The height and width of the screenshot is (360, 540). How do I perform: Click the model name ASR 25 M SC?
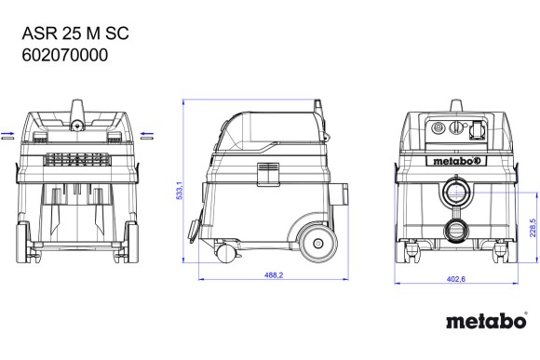click(75, 33)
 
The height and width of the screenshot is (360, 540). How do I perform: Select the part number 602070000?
click(65, 55)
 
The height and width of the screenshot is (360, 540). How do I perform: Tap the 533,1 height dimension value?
click(180, 191)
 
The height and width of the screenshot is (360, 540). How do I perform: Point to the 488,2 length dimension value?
click(274, 275)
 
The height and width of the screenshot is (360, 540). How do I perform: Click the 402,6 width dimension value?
click(456, 279)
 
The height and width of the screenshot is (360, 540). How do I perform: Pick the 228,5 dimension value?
click(533, 228)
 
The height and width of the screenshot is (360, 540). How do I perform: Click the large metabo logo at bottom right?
click(487, 321)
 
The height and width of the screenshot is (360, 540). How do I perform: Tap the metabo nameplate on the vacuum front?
click(456, 161)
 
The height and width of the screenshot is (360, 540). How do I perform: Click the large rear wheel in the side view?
click(317, 244)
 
